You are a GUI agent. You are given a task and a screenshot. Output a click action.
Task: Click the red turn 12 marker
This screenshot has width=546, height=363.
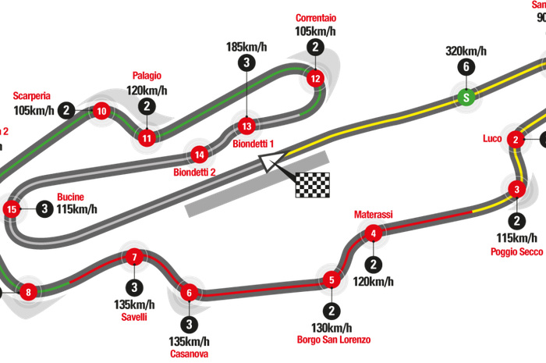pyautogui.click(x=314, y=78)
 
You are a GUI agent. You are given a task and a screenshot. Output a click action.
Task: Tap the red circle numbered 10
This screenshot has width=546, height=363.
pyautogui.click(x=101, y=112)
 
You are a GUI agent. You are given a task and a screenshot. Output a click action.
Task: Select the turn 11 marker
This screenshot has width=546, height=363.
pyautogui.click(x=146, y=138)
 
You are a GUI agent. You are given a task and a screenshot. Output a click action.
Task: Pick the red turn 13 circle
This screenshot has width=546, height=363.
pyautogui.click(x=246, y=125)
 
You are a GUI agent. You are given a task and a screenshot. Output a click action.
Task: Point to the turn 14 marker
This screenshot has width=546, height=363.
pyautogui.click(x=199, y=154)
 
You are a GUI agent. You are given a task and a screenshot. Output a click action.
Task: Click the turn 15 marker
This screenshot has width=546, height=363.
pyautogui.click(x=11, y=208)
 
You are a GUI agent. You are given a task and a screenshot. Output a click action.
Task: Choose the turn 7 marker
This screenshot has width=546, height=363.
pyautogui.click(x=134, y=257)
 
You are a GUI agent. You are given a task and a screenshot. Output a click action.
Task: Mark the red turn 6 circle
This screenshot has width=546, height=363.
pyautogui.click(x=189, y=293)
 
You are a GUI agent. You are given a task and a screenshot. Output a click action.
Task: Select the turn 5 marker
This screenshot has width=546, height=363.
pyautogui.click(x=331, y=279)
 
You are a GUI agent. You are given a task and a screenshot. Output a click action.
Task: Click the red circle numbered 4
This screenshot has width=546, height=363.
pyautogui.click(x=374, y=233)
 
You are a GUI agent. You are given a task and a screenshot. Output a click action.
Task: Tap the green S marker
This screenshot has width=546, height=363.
pyautogui.click(x=466, y=98)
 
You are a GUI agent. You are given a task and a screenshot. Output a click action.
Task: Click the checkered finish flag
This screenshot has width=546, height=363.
pyautogui.click(x=313, y=184)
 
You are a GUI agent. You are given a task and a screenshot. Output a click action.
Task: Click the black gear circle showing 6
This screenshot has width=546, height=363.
pyautogui.click(x=466, y=67)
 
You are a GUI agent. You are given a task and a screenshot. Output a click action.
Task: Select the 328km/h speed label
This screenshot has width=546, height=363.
pyautogui.click(x=466, y=51)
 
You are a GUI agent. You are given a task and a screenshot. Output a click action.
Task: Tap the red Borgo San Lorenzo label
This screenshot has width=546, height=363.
pyautogui.click(x=334, y=340)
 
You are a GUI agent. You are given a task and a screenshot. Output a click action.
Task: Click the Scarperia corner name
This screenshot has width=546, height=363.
pyautogui.click(x=32, y=95)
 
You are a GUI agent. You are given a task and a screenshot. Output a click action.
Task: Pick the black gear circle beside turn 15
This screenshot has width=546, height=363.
pyautogui.click(x=45, y=208)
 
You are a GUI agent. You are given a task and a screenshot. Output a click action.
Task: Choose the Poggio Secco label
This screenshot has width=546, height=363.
pyautogui.click(x=517, y=251)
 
